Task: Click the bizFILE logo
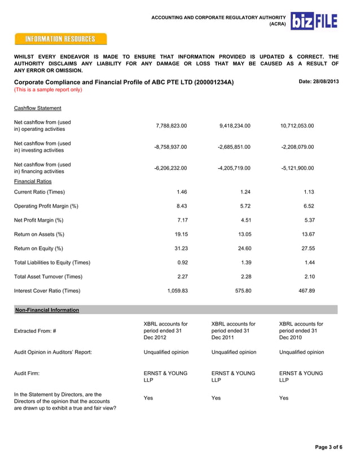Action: (x=314, y=21)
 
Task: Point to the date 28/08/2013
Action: (x=318, y=82)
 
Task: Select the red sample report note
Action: (x=48, y=90)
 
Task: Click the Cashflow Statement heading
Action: (x=38, y=108)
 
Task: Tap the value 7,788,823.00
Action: (x=170, y=126)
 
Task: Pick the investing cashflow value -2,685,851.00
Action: (x=234, y=147)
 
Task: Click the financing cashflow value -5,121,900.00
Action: (x=297, y=168)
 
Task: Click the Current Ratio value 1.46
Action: (x=182, y=192)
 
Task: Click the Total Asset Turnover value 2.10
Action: (x=309, y=276)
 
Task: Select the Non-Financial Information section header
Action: (x=47, y=310)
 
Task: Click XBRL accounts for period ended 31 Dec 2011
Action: (x=233, y=331)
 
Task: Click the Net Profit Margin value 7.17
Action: (x=182, y=220)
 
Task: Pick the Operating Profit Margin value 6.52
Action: (x=309, y=206)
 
